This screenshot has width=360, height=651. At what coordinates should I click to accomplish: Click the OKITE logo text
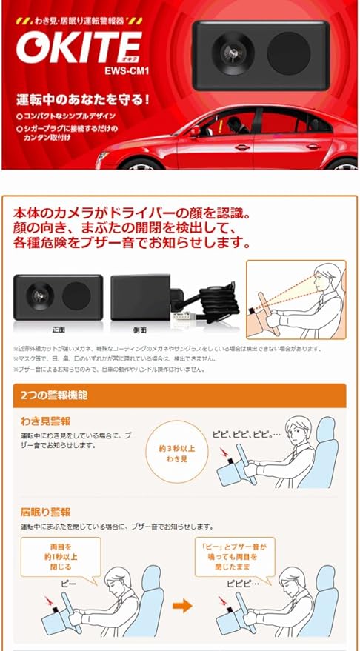(81, 47)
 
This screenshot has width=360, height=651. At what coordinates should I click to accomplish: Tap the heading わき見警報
(45, 422)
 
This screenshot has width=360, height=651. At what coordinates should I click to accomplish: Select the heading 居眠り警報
(45, 512)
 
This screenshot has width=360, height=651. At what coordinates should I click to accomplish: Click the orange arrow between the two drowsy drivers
(181, 606)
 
